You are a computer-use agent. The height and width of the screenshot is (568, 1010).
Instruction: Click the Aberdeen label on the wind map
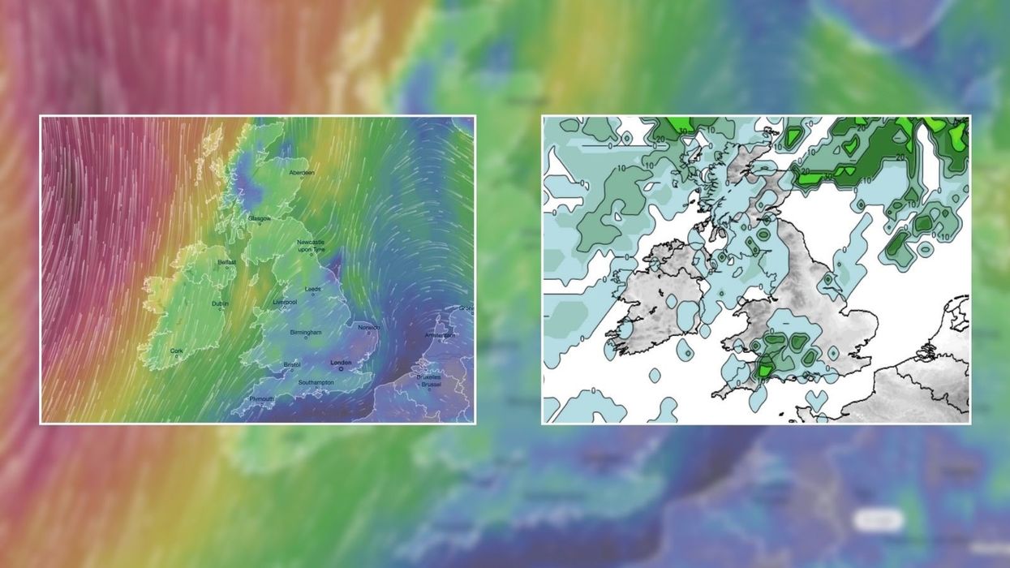click(x=301, y=173)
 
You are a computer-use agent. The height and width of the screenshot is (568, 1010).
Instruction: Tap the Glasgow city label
click(x=260, y=219)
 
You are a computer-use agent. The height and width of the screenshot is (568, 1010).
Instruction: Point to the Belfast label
click(x=226, y=262)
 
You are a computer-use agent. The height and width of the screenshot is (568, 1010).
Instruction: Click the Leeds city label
click(x=312, y=289)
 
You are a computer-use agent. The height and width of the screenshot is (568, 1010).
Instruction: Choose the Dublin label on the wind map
click(x=220, y=303)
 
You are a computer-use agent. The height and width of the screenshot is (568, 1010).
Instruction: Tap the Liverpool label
click(x=285, y=302)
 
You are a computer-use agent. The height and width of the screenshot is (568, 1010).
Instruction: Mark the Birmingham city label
click(x=307, y=333)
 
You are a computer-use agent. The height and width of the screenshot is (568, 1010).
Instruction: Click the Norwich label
click(x=369, y=328)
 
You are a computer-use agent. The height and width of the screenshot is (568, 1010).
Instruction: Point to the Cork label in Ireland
click(x=177, y=351)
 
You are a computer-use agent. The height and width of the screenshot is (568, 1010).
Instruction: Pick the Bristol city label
click(x=292, y=364)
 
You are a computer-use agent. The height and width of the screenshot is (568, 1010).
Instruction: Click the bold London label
click(x=341, y=363)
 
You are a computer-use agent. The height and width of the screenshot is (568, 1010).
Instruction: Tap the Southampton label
click(x=316, y=382)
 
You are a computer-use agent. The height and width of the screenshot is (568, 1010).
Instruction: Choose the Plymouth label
click(x=261, y=399)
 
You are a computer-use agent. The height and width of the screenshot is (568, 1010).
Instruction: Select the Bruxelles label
click(x=429, y=377)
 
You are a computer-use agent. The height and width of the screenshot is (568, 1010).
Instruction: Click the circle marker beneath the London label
click(x=341, y=369)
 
